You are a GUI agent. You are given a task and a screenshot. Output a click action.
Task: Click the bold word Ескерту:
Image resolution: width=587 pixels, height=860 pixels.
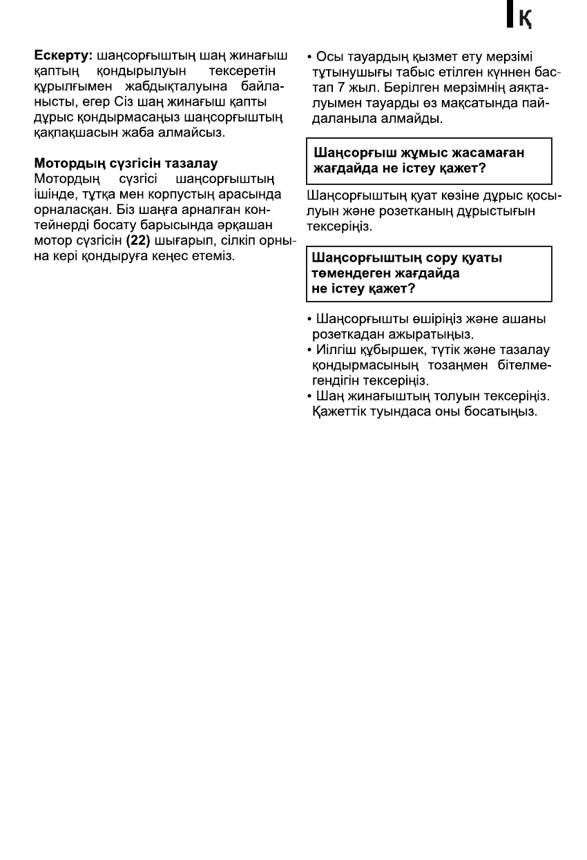click(64, 53)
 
